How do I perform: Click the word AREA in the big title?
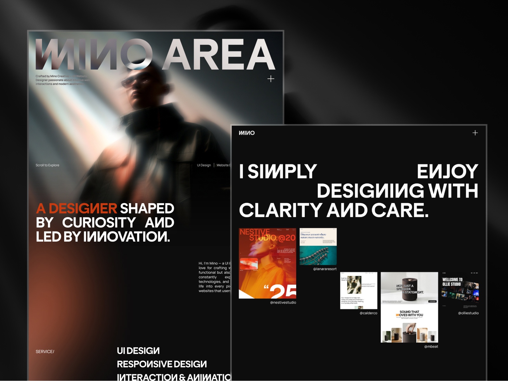[219, 55]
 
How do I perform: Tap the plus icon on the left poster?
[271, 79]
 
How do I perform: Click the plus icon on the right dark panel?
[475, 133]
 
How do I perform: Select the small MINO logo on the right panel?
[247, 133]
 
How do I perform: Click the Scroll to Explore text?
[47, 165]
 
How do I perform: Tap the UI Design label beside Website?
[204, 165]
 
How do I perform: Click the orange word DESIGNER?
[83, 209]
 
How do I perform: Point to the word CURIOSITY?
[99, 223]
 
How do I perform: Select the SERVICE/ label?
[45, 351]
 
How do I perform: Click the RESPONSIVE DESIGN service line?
[162, 364]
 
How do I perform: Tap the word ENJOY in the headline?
[447, 171]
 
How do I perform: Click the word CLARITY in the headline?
[281, 210]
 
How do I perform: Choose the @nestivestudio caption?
[283, 303]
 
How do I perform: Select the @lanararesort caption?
[325, 269]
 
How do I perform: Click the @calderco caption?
[368, 313]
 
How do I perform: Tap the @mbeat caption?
[431, 346]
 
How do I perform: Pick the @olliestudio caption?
[468, 313]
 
